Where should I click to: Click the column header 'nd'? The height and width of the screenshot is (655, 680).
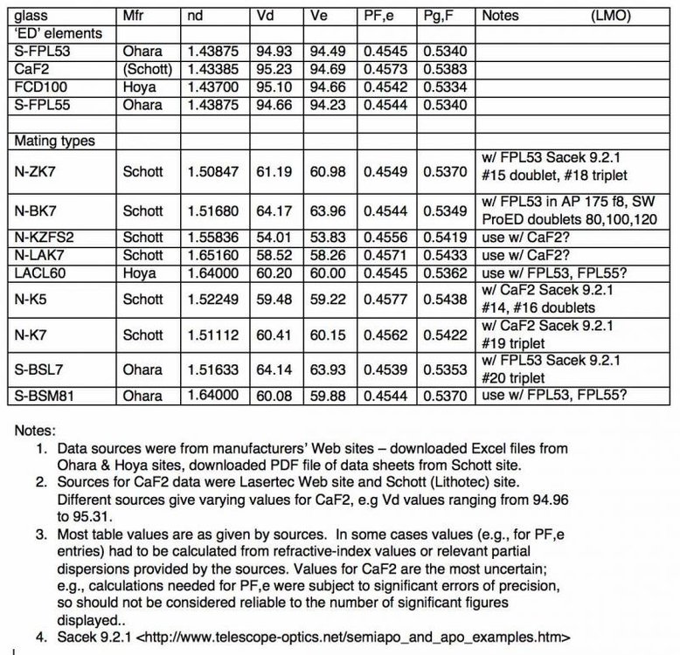tap(196, 17)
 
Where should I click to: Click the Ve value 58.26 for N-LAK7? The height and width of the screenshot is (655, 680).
tap(328, 254)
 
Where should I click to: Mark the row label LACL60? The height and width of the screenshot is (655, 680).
tap(39, 272)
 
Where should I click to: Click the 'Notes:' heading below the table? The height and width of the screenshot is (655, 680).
tap(36, 431)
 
